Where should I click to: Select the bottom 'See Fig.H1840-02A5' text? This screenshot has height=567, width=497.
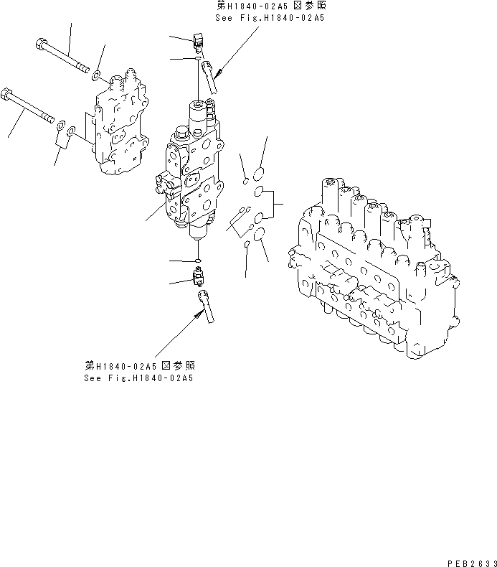point(138,378)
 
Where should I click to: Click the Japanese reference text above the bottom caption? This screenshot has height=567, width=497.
point(138,366)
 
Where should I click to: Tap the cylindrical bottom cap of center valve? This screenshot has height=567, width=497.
point(199,230)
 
